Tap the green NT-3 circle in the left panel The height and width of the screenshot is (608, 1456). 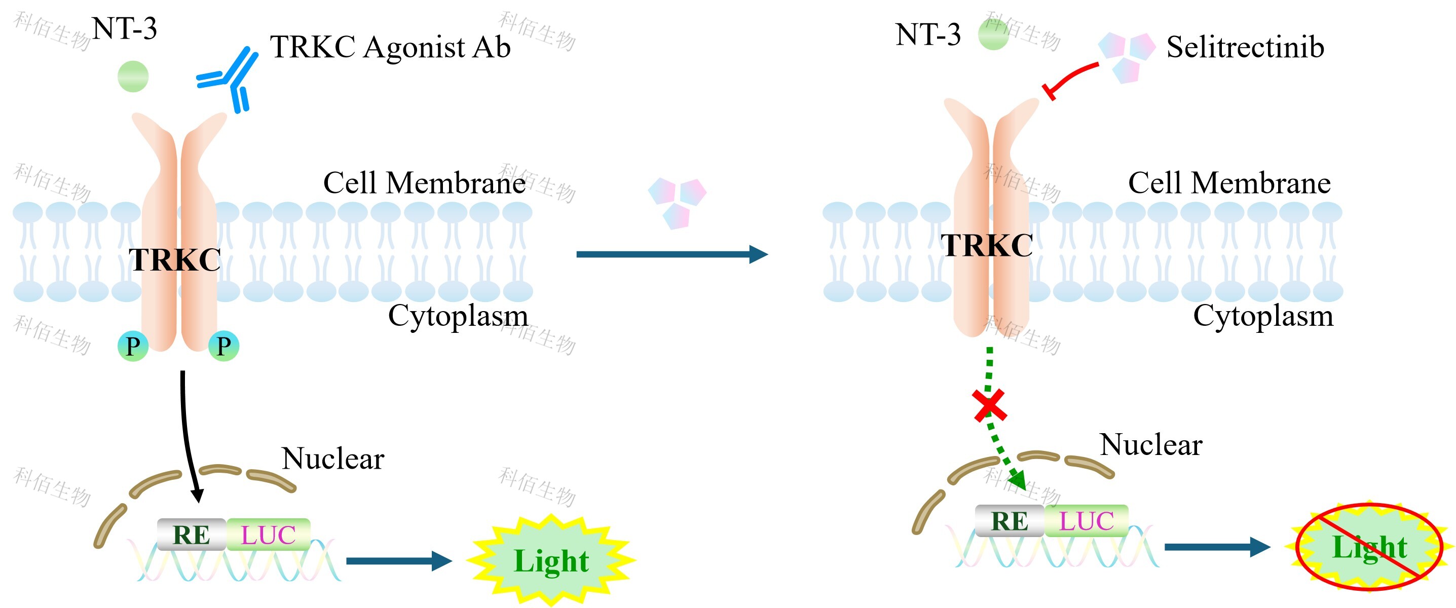pyautogui.click(x=133, y=77)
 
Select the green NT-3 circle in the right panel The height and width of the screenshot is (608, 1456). pyautogui.click(x=993, y=34)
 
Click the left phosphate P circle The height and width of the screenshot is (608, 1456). pyautogui.click(x=133, y=346)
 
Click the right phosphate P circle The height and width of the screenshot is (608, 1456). pyautogui.click(x=224, y=346)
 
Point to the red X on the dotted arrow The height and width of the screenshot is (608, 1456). pyautogui.click(x=990, y=405)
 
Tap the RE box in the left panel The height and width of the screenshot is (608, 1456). pyautogui.click(x=192, y=535)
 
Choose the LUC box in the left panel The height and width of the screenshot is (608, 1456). pyautogui.click(x=269, y=535)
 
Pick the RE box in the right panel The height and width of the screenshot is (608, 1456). pyautogui.click(x=1010, y=521)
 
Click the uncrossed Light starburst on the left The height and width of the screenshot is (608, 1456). pyautogui.click(x=551, y=560)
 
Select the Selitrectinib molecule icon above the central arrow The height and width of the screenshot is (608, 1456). pyautogui.click(x=677, y=202)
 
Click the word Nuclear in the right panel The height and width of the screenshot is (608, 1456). pyautogui.click(x=1151, y=445)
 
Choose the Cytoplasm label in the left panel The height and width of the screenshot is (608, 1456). pyautogui.click(x=458, y=315)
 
